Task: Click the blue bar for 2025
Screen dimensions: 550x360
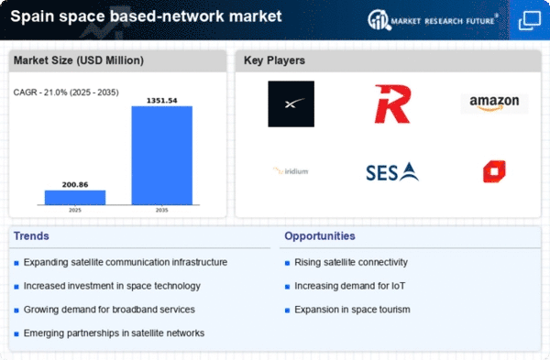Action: pos(75,197)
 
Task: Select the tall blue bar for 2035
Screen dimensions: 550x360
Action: pos(162,156)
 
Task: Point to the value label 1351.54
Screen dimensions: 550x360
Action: pos(161,101)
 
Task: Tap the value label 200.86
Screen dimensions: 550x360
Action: pos(75,185)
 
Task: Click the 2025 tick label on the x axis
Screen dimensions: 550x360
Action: pos(75,211)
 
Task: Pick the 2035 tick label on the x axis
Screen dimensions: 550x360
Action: pos(161,211)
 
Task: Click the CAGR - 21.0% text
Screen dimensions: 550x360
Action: pos(40,93)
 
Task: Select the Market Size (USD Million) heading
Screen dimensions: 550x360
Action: pos(79,60)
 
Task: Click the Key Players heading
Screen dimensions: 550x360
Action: pos(274,60)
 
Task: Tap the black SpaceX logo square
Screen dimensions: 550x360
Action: pos(291,104)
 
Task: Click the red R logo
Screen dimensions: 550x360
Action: pos(392,104)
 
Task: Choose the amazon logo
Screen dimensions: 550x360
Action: pos(494,104)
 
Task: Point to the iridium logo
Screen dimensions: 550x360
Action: pos(291,171)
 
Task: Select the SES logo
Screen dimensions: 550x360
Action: pos(392,172)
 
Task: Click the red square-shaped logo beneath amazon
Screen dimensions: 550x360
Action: pos(494,171)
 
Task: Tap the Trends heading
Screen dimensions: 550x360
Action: pos(31,236)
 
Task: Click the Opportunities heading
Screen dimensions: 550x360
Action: pos(320,236)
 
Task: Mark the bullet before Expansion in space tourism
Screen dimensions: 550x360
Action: pos(287,311)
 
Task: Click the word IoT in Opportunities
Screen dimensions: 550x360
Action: pos(398,286)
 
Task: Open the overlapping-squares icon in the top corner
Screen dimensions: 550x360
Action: pos(530,20)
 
